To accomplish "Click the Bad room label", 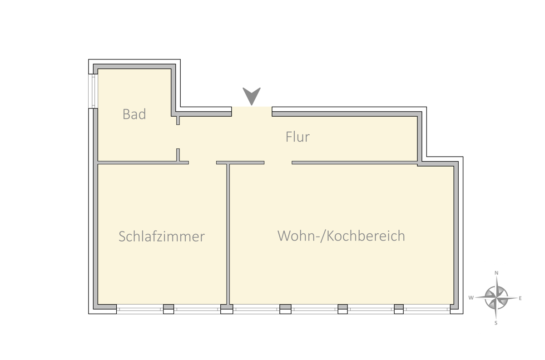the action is (x=134, y=114).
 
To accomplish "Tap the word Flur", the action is (x=297, y=137).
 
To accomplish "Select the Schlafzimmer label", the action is (x=162, y=236).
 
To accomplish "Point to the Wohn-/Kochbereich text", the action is (x=341, y=236).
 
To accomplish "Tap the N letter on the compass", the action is (x=496, y=273).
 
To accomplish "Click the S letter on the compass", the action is (x=496, y=323).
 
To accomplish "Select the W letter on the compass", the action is (x=471, y=298).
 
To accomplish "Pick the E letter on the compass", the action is (x=520, y=298).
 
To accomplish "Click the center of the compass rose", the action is (x=496, y=298).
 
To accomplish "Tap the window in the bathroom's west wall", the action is (x=93, y=91).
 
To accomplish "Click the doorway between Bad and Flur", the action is (x=178, y=137).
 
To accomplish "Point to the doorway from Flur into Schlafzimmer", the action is (x=203, y=163).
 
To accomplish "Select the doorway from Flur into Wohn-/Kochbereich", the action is (x=278, y=163).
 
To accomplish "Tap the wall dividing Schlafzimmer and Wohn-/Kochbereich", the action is (x=228, y=234).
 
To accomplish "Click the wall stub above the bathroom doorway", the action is (x=178, y=121).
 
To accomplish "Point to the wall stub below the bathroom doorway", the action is (x=178, y=155).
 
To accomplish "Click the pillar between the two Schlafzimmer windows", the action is (x=168, y=309).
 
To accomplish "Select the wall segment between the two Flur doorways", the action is (x=240, y=163).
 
